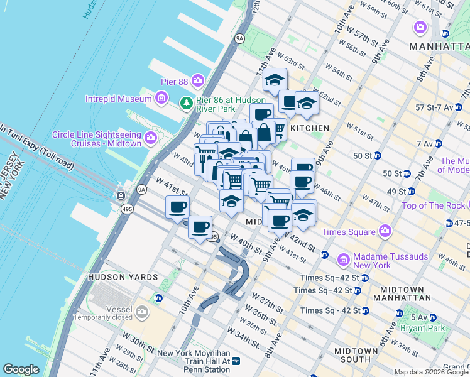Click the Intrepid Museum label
(x=119, y=99)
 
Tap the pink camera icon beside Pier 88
(x=198, y=80)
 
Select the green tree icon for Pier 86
(x=186, y=102)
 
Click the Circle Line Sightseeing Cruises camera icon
(x=150, y=137)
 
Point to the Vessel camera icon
(x=143, y=311)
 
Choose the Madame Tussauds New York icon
(x=344, y=259)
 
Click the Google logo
(x=21, y=369)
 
